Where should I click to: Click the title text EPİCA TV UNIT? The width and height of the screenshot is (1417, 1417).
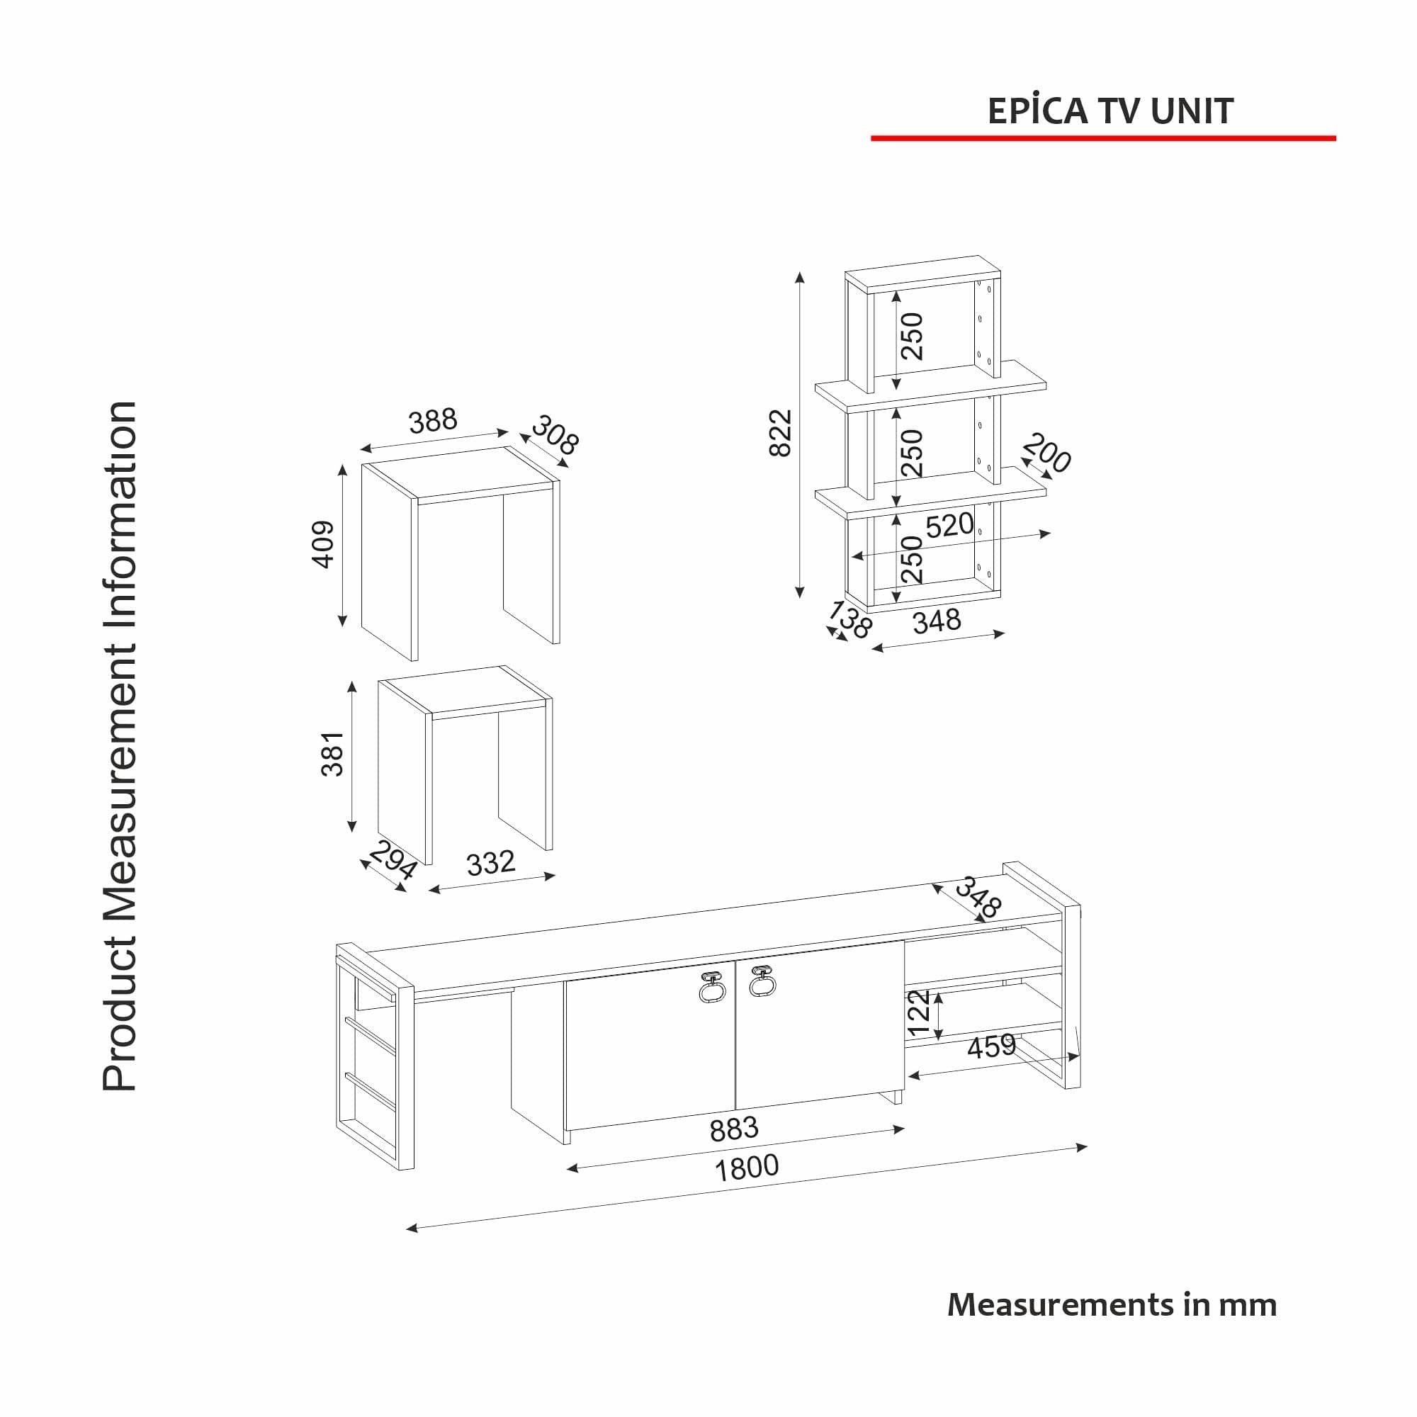pyautogui.click(x=1110, y=111)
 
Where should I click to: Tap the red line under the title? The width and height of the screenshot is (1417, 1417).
pyautogui.click(x=1102, y=138)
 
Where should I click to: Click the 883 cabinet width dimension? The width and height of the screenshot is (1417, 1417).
pyautogui.click(x=733, y=1129)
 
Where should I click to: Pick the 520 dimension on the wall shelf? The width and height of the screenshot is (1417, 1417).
pyautogui.click(x=949, y=525)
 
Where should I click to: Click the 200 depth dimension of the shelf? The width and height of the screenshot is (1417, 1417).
pyautogui.click(x=1047, y=453)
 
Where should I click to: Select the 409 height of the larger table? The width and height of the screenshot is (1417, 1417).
pyautogui.click(x=324, y=544)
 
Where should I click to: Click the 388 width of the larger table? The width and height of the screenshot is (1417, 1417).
pyautogui.click(x=433, y=421)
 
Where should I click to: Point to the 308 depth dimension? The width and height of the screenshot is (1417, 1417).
pyautogui.click(x=555, y=435)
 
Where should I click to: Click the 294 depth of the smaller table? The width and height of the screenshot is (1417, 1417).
pyautogui.click(x=393, y=860)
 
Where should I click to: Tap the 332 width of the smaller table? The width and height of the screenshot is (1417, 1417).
pyautogui.click(x=491, y=863)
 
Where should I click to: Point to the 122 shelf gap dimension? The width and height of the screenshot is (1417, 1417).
pyautogui.click(x=919, y=1013)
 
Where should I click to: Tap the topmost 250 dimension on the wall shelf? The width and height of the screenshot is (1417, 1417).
pyautogui.click(x=913, y=336)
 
